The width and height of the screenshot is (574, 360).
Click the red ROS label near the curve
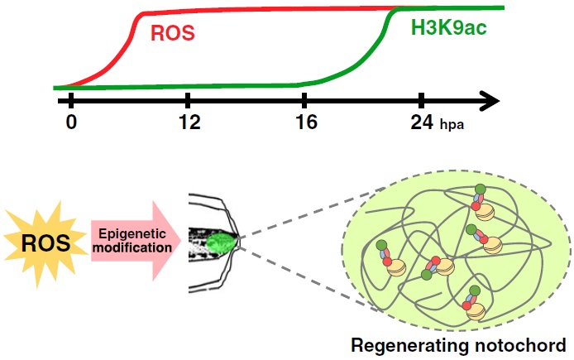[x=172, y=34]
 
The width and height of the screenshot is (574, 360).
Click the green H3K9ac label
[x=447, y=28]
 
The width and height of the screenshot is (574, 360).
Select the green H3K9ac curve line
[x=207, y=84]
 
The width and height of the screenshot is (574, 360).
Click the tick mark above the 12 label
[x=189, y=100]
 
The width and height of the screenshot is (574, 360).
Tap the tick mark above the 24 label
[x=422, y=100]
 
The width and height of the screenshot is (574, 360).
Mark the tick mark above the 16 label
[x=304, y=100]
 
